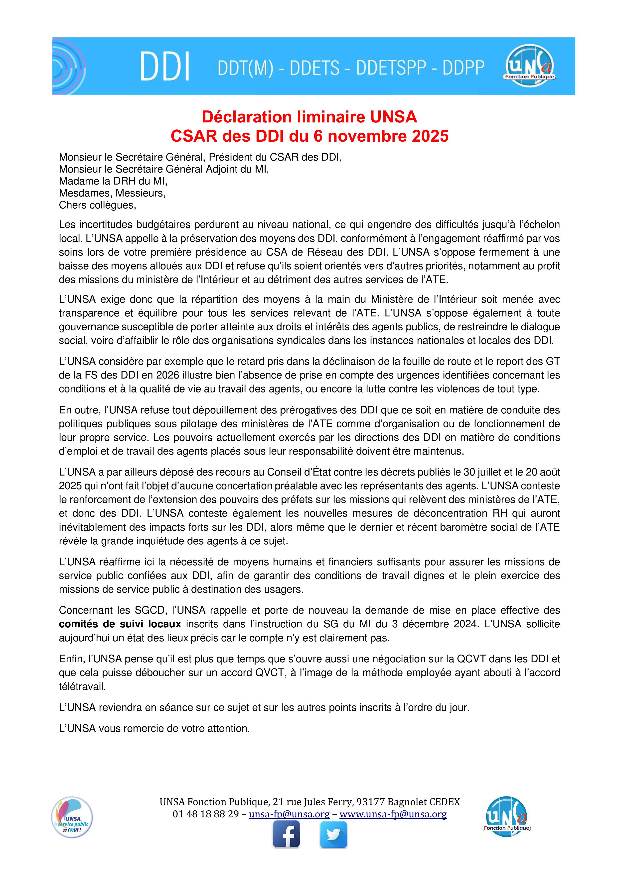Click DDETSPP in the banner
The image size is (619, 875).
391,68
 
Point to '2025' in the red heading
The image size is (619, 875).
430,136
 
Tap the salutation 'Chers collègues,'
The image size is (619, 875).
97,205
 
